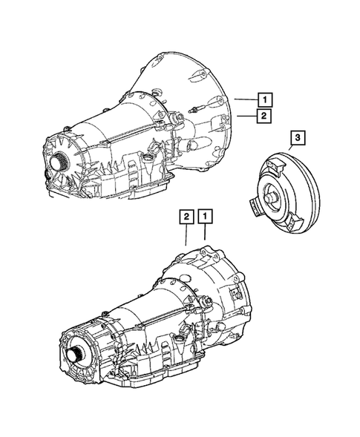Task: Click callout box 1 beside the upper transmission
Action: pos(264,97)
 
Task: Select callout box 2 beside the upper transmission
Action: pos(264,115)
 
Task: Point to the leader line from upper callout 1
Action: pos(245,98)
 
